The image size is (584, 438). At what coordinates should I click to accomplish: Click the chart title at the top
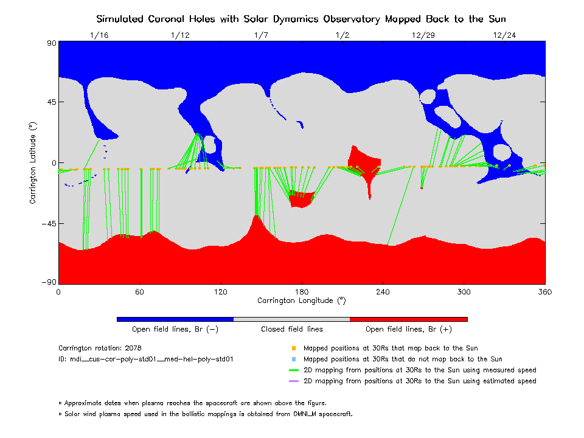coord(301,19)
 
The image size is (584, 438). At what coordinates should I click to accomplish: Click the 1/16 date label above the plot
coord(99,35)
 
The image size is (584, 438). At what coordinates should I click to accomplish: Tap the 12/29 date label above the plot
coord(423,35)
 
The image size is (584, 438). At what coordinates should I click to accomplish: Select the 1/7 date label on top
coord(261,35)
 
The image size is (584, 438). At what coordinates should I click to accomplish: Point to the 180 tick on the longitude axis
coord(302,291)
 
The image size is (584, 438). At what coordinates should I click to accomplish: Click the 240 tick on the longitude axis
coord(383,291)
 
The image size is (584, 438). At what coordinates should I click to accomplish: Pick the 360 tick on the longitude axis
coord(544,291)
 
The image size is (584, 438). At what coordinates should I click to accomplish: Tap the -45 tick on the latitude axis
coord(48,223)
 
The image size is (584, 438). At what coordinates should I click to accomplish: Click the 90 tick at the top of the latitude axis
coord(51,43)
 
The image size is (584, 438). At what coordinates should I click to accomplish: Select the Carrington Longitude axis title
coord(301,301)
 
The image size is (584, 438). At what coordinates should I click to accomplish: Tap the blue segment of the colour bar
coord(175,319)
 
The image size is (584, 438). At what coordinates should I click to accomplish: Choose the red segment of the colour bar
coord(408,319)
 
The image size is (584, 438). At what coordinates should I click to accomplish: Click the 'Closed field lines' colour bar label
coord(292,329)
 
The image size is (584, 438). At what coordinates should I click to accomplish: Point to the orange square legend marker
coord(293,349)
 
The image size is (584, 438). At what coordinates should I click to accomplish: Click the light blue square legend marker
coord(293,360)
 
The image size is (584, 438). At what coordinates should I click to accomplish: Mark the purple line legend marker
coord(293,381)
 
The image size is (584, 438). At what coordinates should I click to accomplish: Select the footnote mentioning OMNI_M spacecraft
coord(205,414)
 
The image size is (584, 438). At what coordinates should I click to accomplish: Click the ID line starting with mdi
coord(145,360)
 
